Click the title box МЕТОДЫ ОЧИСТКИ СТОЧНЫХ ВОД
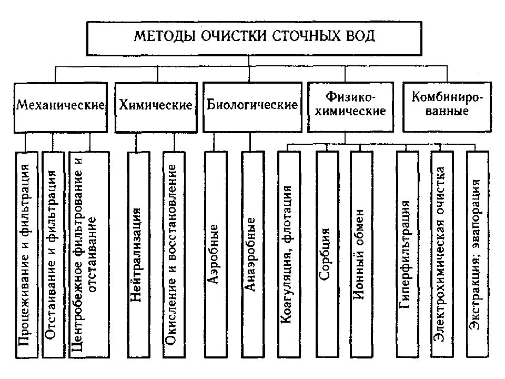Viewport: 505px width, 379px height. click(254, 38)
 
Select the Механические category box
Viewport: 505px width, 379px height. click(60, 107)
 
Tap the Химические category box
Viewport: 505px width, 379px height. click(156, 107)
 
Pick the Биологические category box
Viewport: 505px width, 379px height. click(252, 107)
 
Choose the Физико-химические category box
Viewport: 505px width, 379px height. click(350, 107)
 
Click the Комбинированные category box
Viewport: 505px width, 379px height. click(447, 107)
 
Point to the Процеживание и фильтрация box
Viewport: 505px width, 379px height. click(27, 255)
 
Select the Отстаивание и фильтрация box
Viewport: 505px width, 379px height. click(54, 255)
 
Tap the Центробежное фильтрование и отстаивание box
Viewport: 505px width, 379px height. click(89, 255)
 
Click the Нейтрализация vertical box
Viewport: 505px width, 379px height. click(139, 255)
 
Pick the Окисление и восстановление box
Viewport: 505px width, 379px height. click(174, 255)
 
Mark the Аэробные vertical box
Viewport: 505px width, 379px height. click(216, 255)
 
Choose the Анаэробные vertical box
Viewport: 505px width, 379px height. click(253, 255)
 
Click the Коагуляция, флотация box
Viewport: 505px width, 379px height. click(289, 255)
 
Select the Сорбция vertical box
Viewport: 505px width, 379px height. click(328, 255)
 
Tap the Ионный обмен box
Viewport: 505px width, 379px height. click(361, 255)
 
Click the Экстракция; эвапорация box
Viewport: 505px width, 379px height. click(478, 255)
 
